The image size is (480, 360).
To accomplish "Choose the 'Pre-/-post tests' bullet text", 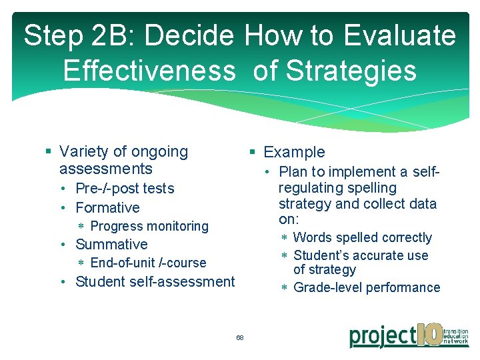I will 125,189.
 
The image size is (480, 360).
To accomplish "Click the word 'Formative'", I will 107,208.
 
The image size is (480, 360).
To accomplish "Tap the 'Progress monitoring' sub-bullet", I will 149,227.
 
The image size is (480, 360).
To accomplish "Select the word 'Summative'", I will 111,245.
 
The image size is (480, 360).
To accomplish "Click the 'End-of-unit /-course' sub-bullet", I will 148,263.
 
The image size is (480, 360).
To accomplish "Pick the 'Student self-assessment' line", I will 155,281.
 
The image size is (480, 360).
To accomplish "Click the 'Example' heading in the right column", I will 294,153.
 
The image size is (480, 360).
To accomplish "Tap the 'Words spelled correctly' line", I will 362,237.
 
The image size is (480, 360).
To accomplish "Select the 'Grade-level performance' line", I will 367,287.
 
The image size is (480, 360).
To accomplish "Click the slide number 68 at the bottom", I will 240,338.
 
